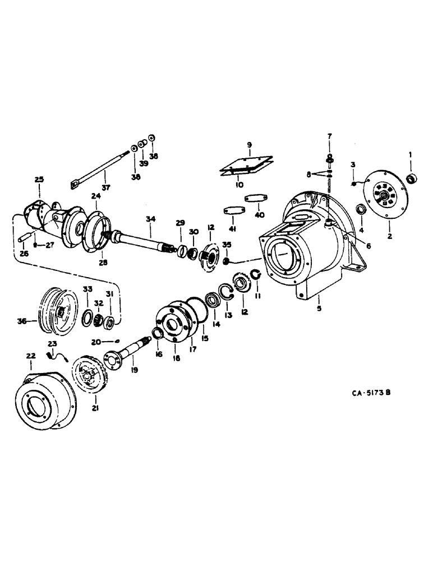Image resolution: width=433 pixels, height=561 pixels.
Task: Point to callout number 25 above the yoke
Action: click(x=38, y=180)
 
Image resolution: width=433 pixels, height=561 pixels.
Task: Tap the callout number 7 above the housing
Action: click(x=329, y=136)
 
